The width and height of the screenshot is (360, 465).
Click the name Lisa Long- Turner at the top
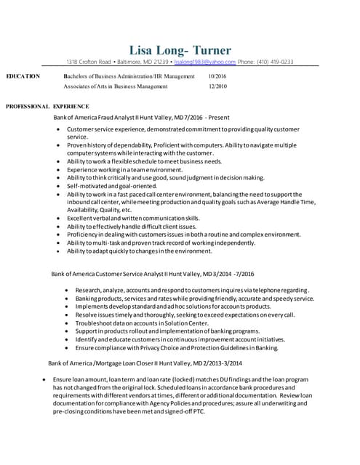click(180, 50)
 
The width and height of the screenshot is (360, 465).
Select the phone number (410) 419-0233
click(274, 62)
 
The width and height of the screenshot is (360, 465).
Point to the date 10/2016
click(217, 76)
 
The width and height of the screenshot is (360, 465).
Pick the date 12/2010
click(217, 86)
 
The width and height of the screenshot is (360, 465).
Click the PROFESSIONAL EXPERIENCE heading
click(48, 107)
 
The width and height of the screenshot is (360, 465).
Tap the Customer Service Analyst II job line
click(132, 275)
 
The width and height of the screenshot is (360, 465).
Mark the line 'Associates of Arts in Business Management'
click(114, 86)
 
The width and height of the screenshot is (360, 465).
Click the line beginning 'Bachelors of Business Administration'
click(129, 76)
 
